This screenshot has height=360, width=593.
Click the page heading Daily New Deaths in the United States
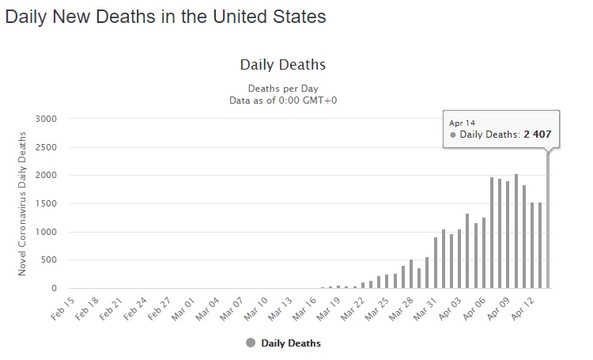point(165,17)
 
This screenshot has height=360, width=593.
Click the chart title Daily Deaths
point(282,64)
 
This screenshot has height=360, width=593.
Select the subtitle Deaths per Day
point(282,88)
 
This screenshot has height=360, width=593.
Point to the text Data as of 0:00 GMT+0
point(282,100)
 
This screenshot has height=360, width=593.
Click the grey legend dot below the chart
point(251,343)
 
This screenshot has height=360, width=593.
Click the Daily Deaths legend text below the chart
point(291,343)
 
